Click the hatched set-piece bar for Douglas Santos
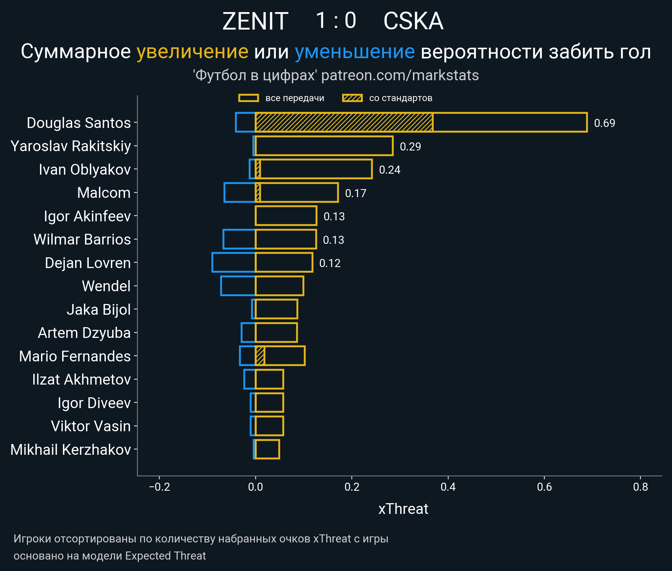click(x=344, y=123)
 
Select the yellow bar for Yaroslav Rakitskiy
click(x=324, y=146)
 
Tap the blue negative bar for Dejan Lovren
click(x=234, y=263)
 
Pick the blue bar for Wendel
click(x=238, y=286)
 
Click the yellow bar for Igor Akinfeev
click(x=286, y=216)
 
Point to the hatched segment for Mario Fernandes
click(x=260, y=356)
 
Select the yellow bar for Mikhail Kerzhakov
click(x=267, y=449)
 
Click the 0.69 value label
click(x=604, y=123)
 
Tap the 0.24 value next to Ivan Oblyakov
click(x=389, y=170)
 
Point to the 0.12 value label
click(x=330, y=263)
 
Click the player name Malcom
click(x=104, y=193)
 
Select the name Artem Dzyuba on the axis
click(x=84, y=333)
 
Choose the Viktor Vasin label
click(x=91, y=427)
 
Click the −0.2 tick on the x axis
click(x=159, y=487)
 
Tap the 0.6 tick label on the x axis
click(x=544, y=487)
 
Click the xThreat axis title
click(x=403, y=509)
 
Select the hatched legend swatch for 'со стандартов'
click(x=352, y=98)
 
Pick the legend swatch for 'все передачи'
click(x=248, y=98)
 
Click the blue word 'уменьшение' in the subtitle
click(x=355, y=52)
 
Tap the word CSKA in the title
click(x=413, y=21)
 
